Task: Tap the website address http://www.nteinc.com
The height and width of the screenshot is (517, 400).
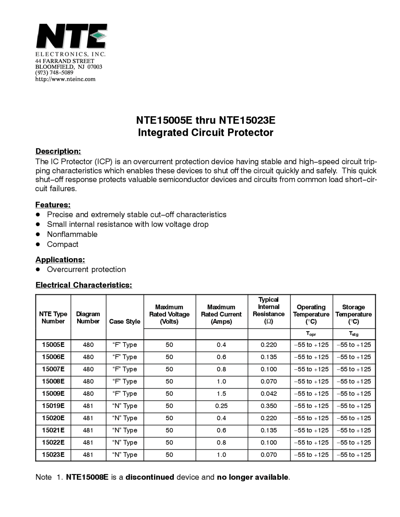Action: (x=65, y=79)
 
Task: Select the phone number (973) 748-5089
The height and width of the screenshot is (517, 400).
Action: (x=54, y=73)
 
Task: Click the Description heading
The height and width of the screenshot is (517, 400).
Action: (x=58, y=151)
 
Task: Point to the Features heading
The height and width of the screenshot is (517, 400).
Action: (x=53, y=205)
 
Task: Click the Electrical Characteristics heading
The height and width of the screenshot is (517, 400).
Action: (x=84, y=285)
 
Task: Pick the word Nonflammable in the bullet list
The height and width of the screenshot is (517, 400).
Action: (x=72, y=234)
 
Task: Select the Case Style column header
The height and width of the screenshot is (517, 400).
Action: (x=125, y=322)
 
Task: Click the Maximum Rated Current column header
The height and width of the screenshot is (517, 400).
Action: (x=221, y=314)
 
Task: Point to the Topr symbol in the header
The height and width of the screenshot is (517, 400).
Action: (x=311, y=334)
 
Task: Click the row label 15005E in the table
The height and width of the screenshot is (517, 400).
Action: (x=53, y=345)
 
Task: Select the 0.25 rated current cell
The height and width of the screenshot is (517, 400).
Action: (x=221, y=406)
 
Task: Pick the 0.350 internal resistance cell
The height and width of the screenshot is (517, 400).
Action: (x=269, y=406)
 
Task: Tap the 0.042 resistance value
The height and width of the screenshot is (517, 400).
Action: (x=269, y=394)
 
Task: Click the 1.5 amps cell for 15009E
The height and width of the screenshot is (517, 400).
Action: (x=221, y=394)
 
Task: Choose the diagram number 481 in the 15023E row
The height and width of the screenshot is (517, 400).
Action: (x=88, y=455)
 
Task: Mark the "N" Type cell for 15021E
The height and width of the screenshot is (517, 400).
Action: (x=125, y=430)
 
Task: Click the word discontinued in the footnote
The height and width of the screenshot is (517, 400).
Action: (x=150, y=477)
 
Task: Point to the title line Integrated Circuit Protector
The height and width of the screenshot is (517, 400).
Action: (x=206, y=132)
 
